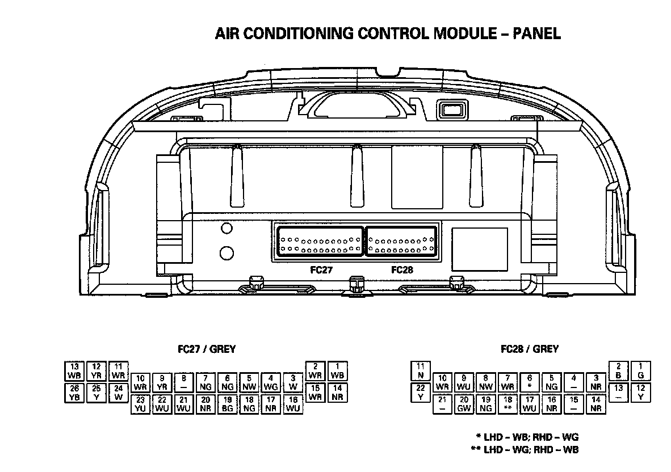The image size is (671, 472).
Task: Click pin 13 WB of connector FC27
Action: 74,371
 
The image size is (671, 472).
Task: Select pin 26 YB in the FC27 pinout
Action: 74,393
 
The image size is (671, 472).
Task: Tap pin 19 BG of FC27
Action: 228,404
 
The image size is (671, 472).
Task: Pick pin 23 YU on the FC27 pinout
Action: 141,404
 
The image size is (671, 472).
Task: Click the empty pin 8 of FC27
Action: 184,382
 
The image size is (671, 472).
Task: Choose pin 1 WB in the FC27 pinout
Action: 338,371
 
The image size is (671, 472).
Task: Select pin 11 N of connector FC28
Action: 421,371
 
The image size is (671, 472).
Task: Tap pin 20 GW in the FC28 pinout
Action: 464,404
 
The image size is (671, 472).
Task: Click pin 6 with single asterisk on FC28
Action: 530,382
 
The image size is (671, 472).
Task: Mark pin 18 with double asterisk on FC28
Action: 508,404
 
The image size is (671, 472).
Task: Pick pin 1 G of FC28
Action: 641,371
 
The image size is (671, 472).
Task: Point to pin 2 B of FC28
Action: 619,371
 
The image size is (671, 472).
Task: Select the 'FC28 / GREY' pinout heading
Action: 530,349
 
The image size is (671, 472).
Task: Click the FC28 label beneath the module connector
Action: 402,270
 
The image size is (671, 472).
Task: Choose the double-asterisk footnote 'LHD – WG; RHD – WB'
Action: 525,450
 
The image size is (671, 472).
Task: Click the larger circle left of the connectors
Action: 227,252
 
